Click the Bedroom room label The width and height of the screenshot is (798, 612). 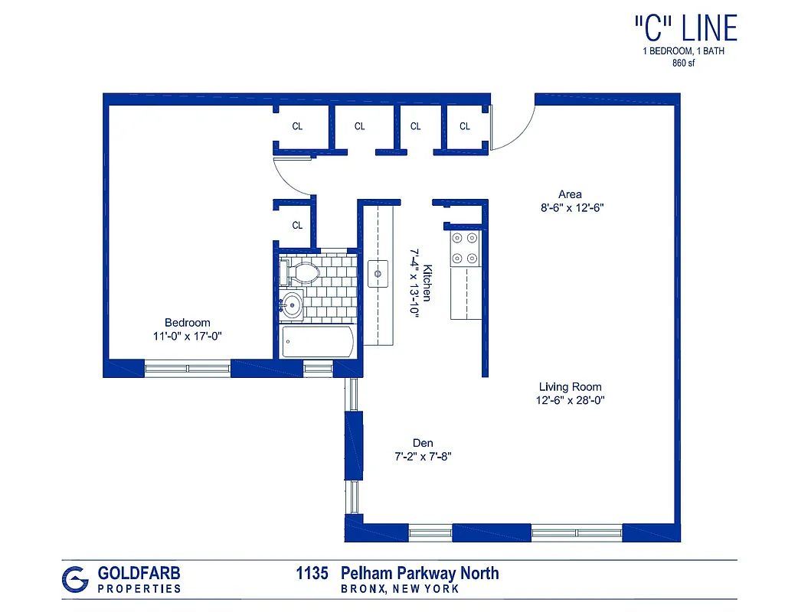point(187,323)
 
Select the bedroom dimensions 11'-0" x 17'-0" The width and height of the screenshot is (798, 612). point(187,336)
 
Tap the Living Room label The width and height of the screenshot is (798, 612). point(570,387)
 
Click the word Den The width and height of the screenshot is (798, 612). point(423,443)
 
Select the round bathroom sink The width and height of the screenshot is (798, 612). point(291,304)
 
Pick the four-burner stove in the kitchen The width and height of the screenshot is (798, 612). point(464,249)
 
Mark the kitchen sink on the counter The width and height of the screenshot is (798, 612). point(378,272)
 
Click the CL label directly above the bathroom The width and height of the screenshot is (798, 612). point(297,226)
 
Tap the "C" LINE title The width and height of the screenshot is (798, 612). point(685,28)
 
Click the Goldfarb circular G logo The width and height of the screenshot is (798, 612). point(74,579)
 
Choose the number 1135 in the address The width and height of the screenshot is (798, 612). point(312,573)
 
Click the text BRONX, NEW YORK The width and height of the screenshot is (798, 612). point(400,589)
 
